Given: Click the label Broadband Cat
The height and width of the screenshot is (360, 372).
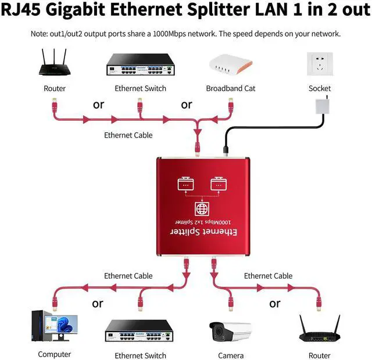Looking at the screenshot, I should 230,88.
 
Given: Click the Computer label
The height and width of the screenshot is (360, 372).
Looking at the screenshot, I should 54,354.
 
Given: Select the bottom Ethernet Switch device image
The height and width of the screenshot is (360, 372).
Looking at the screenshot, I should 140,332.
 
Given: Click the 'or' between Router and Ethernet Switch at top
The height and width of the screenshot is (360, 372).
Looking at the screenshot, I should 98,105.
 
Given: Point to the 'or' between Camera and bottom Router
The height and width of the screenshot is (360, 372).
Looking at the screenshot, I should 274,303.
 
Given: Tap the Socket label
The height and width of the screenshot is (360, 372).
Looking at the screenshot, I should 320,88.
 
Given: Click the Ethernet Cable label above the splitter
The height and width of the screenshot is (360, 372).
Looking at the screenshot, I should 128,135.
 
